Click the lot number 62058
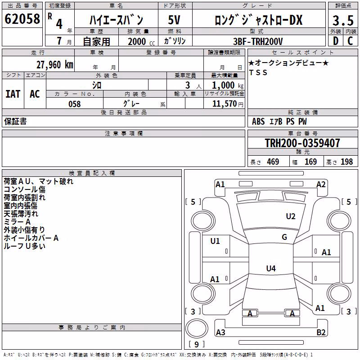tap(22, 19)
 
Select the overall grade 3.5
tap(343, 20)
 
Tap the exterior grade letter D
tap(336, 41)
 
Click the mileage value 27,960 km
tap(55, 65)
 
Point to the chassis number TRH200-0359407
tap(302, 143)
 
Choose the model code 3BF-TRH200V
tap(258, 41)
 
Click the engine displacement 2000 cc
tap(141, 42)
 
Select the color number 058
tap(75, 104)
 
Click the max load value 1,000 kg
tap(228, 85)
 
